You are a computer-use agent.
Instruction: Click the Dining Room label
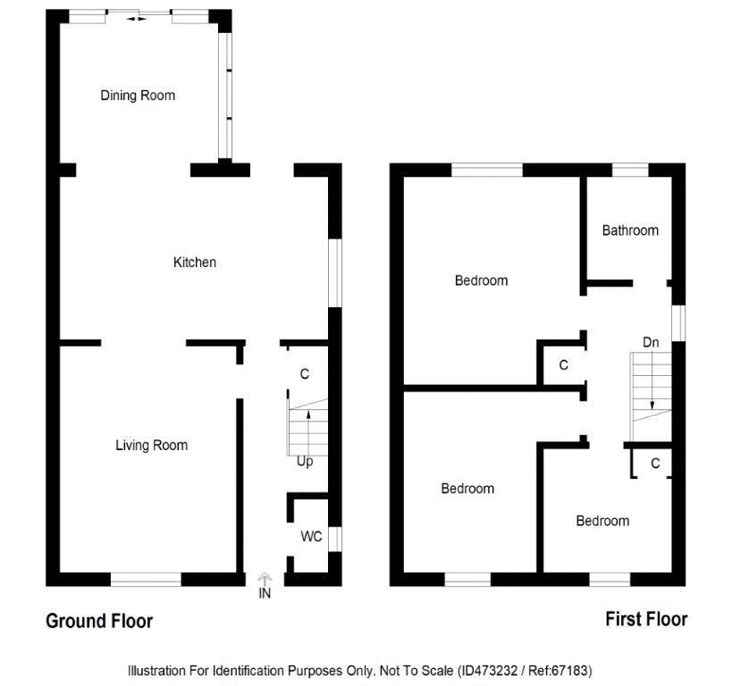pos(138,96)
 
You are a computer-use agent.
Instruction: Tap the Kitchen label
pos(195,263)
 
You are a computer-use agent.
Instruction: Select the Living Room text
pos(152,445)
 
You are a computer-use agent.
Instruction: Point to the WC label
pos(311,536)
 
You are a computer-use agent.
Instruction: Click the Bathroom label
pos(630,230)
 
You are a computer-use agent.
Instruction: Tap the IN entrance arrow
pos(265,580)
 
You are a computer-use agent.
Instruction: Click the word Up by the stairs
pos(305,462)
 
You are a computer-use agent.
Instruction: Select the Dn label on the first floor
pos(651,342)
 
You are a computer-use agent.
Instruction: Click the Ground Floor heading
pos(99,621)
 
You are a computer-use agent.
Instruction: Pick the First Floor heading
pos(646,619)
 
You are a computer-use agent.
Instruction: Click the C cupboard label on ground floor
pos(305,373)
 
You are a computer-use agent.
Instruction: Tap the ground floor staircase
pos(307,427)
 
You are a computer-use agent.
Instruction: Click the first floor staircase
pos(651,397)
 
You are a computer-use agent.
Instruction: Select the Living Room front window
pos(146,579)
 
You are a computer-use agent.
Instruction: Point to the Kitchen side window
pos(335,273)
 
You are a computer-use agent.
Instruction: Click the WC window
pos(335,539)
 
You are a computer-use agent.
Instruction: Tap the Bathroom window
pos(630,170)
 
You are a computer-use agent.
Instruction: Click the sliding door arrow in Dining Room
pos(137,19)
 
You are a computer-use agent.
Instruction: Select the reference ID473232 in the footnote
pos(488,671)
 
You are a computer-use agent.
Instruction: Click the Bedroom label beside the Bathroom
pos(482,280)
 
